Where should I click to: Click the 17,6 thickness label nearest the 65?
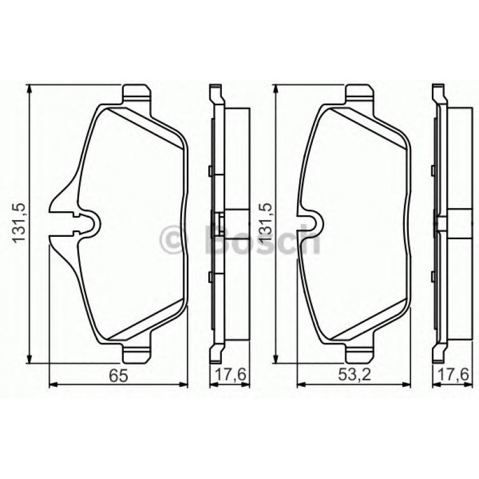[228, 375]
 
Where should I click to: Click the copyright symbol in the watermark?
[174, 239]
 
